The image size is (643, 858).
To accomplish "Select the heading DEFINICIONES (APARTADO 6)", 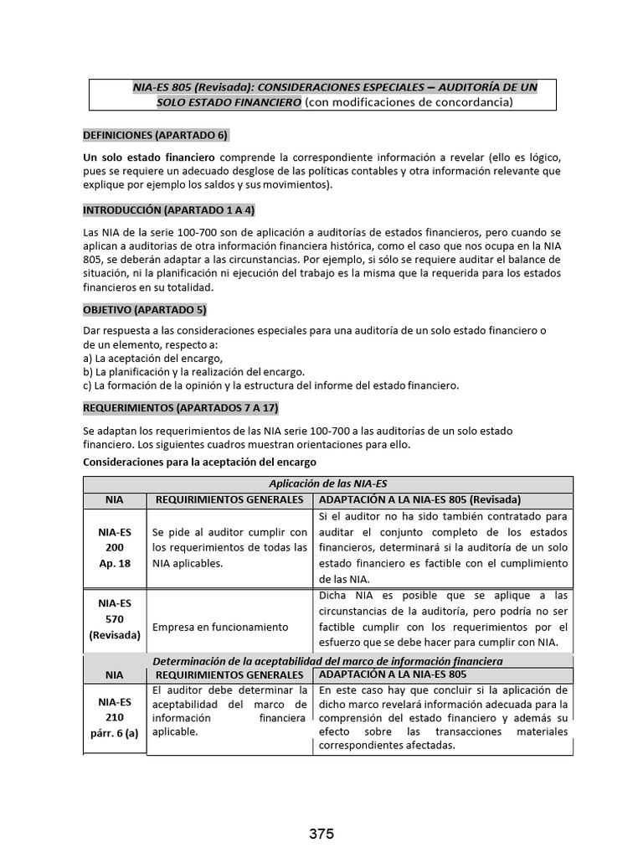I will point(155,135).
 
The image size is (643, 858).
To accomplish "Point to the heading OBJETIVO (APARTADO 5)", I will point(144,309).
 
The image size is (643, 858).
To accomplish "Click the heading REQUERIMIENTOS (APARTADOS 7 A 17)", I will point(180,408).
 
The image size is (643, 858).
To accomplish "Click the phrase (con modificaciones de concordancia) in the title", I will point(408,102).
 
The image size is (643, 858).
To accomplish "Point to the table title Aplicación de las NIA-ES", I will point(327,484).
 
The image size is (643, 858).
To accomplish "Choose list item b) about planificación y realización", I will point(193,371).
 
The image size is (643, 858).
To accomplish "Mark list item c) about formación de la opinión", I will point(271,385).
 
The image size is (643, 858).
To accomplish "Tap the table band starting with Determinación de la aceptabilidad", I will point(327,661).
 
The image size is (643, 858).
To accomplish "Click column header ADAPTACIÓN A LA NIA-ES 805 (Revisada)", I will point(421,499).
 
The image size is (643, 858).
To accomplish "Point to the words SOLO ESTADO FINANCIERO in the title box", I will point(229,102).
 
